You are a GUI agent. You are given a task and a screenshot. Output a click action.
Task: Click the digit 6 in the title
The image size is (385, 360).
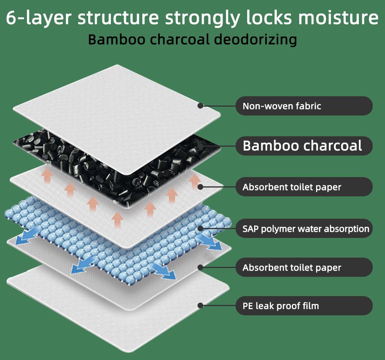pos(11,17)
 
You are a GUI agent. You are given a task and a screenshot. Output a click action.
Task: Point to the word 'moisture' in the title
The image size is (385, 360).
pos(338,17)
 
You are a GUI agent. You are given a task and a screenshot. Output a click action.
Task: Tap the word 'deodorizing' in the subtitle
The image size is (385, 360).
pos(255,40)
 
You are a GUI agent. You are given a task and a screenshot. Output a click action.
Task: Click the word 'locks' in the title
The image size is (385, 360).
pos(269,17)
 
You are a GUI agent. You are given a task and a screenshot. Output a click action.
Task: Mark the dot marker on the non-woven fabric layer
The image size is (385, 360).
pos(200,106)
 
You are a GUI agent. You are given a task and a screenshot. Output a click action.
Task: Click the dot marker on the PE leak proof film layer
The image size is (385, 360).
pos(200,306)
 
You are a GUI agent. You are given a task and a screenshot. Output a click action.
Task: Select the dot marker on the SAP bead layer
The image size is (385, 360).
pos(200,228)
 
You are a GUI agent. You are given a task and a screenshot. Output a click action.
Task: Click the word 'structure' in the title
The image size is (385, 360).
pos(118,17)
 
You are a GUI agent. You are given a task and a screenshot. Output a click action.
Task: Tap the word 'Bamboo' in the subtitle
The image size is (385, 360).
pos(117,40)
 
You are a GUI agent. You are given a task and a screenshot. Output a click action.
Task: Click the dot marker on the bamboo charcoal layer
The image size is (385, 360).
pos(200,146)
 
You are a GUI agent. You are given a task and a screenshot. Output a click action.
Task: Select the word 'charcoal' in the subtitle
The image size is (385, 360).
pos(180,40)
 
